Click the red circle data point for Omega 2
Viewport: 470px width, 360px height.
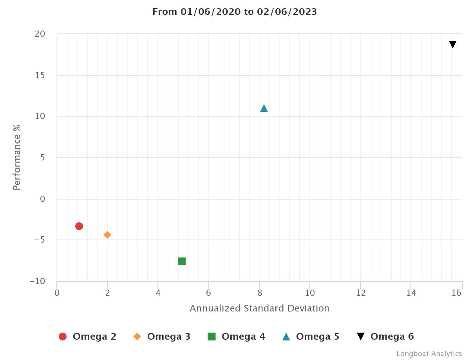[79, 226]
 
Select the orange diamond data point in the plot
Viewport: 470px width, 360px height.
[107, 235]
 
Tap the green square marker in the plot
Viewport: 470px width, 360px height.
[182, 261]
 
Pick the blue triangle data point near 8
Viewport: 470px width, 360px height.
[264, 108]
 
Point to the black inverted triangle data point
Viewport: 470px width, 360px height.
[453, 45]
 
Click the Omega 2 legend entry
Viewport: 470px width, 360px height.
[87, 337]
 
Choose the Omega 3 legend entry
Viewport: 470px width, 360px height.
[162, 337]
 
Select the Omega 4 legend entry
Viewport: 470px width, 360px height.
[236, 337]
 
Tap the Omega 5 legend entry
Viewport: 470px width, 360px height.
[311, 337]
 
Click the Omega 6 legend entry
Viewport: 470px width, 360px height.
[385, 337]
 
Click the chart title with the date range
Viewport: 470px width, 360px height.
[235, 12]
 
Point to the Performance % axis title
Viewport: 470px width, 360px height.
[17, 157]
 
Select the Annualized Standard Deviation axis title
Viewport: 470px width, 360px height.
[259, 308]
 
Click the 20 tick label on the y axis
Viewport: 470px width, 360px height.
[40, 34]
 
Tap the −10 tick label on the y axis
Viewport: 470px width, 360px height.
[38, 281]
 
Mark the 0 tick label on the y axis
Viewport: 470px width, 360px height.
[43, 199]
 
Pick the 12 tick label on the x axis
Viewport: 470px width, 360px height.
[361, 293]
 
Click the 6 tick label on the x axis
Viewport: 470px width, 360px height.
[209, 293]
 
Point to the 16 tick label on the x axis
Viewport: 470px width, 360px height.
[457, 293]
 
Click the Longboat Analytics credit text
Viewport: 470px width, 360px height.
[429, 354]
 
